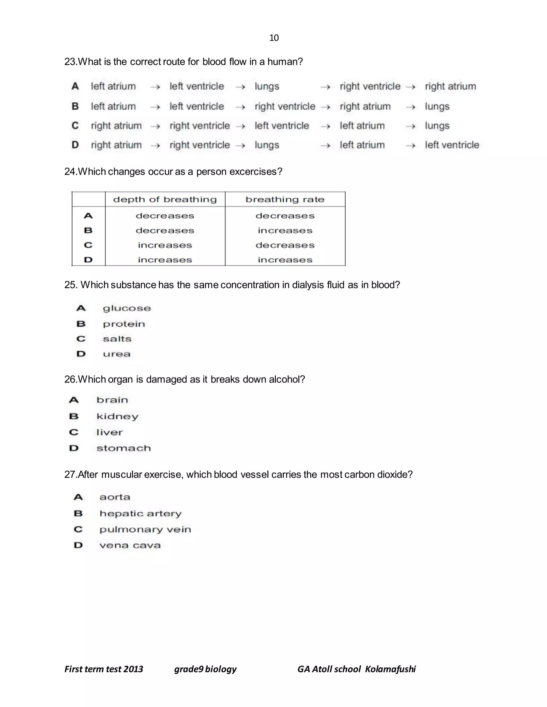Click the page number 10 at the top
(274, 38)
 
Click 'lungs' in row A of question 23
(267, 86)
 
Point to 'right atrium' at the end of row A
(450, 86)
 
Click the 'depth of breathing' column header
(165, 199)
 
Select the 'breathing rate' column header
(285, 199)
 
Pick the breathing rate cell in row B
(285, 231)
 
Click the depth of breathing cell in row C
(165, 245)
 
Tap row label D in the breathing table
(88, 260)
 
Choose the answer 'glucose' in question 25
(127, 308)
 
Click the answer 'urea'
(117, 354)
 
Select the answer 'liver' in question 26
(110, 432)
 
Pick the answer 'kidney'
(117, 416)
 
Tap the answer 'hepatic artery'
(140, 513)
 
